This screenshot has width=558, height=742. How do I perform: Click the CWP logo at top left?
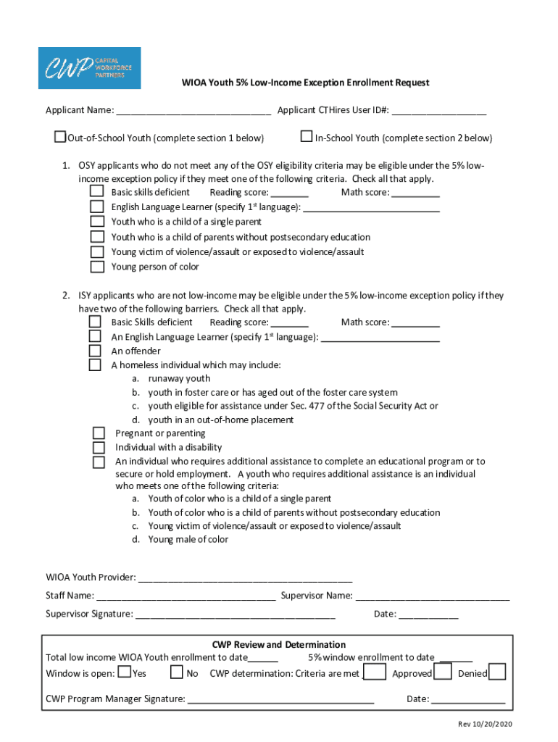pos(89,68)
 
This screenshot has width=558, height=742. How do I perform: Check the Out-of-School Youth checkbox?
pos(60,136)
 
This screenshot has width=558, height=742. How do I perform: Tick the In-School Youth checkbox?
pos(307,136)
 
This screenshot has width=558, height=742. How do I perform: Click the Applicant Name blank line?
pos(193,111)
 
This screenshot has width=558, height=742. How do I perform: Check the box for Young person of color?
pos(96,267)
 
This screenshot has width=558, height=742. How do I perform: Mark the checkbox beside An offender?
pos(95,351)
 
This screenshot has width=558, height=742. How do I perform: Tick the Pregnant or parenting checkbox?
pos(99,433)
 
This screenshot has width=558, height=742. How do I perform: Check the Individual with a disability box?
pos(99,447)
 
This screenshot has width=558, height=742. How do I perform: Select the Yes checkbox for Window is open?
pos(125,672)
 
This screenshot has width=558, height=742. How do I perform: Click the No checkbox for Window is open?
pos(176,672)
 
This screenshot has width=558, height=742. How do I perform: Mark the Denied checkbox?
pos(497,672)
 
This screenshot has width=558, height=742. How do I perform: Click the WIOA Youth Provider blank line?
pos(245,578)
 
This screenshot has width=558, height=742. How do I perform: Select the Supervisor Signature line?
pos(235,614)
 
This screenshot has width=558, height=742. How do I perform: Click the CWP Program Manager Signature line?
pos(280,700)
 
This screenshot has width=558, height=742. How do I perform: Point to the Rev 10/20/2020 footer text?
pos(484,725)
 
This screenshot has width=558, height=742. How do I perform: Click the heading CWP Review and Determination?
pos(278,644)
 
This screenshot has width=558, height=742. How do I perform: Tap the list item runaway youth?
pos(179,378)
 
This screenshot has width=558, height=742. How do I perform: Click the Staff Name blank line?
pos(185,596)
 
